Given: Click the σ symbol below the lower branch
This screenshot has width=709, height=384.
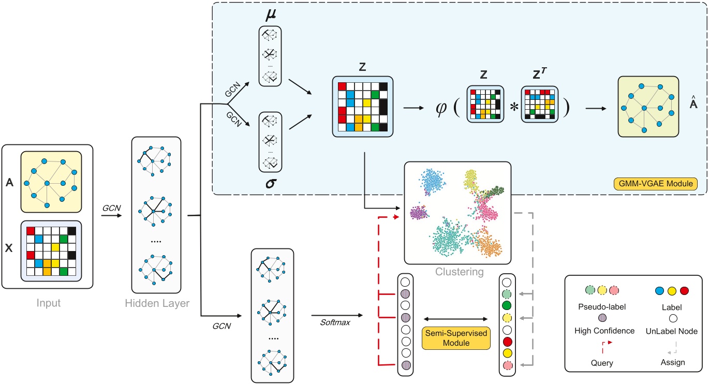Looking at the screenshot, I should pyautogui.click(x=269, y=182).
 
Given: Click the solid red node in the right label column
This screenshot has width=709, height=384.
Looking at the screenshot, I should pyautogui.click(x=507, y=341).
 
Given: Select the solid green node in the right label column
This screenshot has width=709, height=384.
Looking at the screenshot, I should pyautogui.click(x=507, y=305).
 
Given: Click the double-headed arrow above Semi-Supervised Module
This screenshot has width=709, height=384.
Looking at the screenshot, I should pyautogui.click(x=456, y=318).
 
